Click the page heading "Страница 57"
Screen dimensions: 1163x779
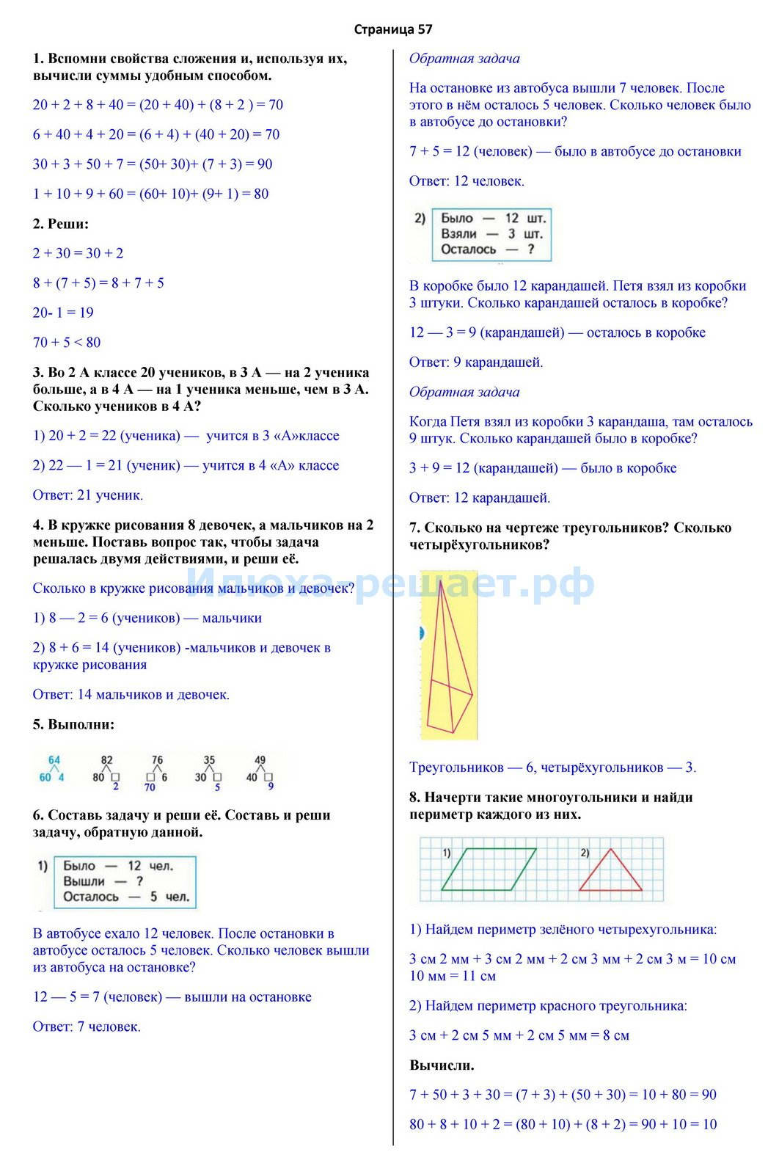tap(392, 29)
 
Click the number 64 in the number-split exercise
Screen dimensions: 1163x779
tap(54, 760)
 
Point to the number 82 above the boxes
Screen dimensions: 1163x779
tap(107, 760)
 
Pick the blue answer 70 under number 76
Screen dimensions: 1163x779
tap(150, 787)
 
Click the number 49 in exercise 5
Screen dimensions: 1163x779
tap(259, 760)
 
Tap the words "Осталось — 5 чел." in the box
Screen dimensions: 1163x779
tap(126, 897)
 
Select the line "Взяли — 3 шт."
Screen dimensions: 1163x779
tap(491, 234)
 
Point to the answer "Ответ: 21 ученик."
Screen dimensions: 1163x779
tap(88, 495)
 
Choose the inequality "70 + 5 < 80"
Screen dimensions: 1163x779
tap(67, 342)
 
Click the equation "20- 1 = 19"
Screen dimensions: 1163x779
tap(63, 313)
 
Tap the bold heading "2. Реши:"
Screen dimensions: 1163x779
tap(60, 224)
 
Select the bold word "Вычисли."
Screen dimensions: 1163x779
tap(442, 1065)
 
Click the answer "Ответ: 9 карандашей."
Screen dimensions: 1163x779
tap(476, 362)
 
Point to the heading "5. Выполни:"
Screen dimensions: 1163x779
tap(73, 724)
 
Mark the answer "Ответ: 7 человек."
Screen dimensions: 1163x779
tap(87, 1027)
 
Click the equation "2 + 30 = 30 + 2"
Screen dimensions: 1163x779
tap(78, 253)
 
